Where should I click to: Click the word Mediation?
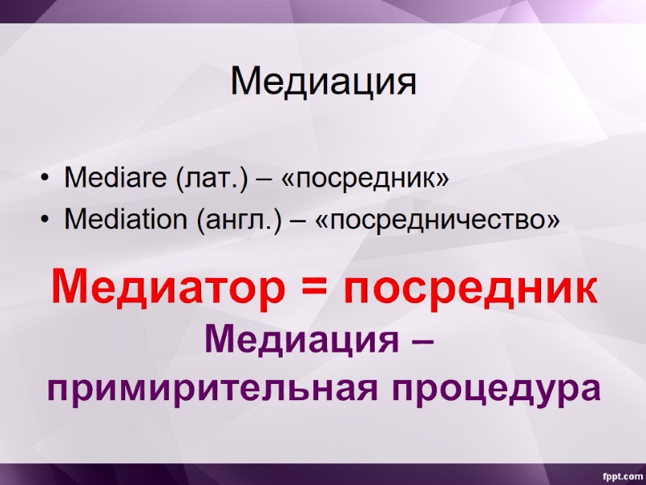tap(126, 219)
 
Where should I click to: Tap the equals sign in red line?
tap(318, 289)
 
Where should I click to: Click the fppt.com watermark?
tap(619, 473)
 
